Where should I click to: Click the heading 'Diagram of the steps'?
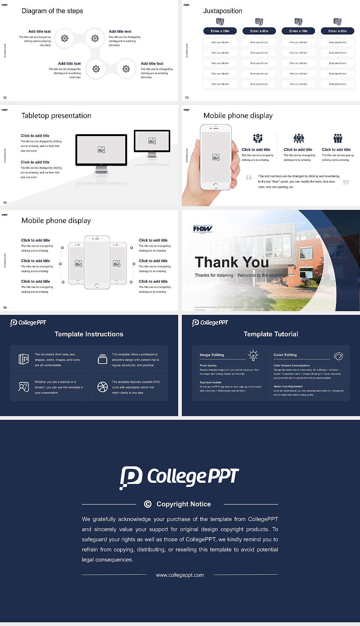(52, 11)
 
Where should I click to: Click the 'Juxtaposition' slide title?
(222, 11)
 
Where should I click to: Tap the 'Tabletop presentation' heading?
(56, 115)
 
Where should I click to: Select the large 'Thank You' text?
(232, 262)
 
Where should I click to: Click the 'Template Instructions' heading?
(89, 334)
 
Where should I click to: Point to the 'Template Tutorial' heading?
(271, 334)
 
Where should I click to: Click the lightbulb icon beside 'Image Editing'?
(253, 355)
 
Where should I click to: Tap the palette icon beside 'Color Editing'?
(338, 356)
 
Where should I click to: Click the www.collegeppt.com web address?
(180, 575)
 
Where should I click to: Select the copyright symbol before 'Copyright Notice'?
(148, 504)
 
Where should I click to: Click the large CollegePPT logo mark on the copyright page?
(131, 477)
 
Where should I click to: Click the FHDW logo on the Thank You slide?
(202, 229)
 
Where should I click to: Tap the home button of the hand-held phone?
(215, 186)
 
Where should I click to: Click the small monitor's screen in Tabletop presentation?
(152, 141)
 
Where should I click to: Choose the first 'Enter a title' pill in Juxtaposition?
(220, 31)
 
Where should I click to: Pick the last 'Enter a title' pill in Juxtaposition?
(337, 31)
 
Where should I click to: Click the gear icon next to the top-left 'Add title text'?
(64, 38)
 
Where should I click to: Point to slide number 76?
(5, 308)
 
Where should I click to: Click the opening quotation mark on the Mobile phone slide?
(249, 177)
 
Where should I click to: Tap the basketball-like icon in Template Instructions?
(102, 387)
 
